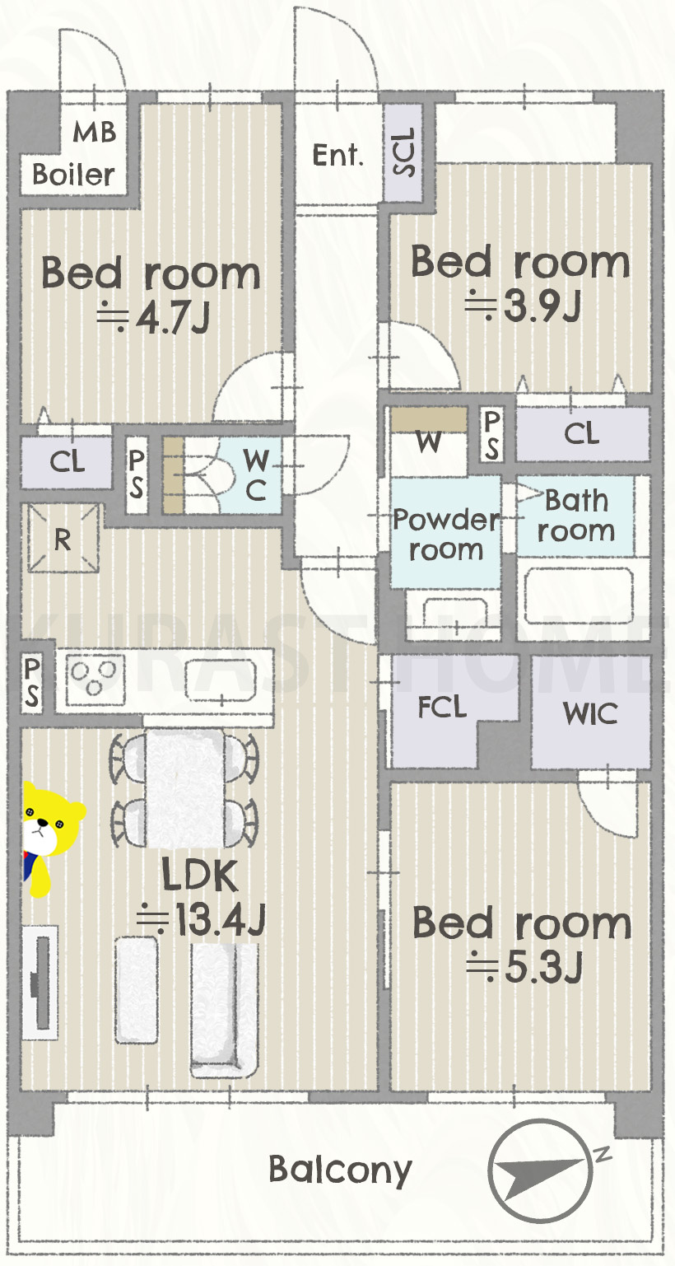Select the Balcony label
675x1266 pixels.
(x=340, y=1170)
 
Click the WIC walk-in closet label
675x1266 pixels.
(x=590, y=713)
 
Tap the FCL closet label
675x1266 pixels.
(x=442, y=707)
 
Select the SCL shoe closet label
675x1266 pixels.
(x=403, y=152)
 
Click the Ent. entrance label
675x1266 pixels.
(x=337, y=155)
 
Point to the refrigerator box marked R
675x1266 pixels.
(x=63, y=539)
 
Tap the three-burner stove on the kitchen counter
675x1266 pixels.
(x=95, y=679)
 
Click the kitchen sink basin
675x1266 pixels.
(x=221, y=680)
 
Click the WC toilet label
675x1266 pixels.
(x=255, y=474)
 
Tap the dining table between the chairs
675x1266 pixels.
(x=185, y=788)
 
